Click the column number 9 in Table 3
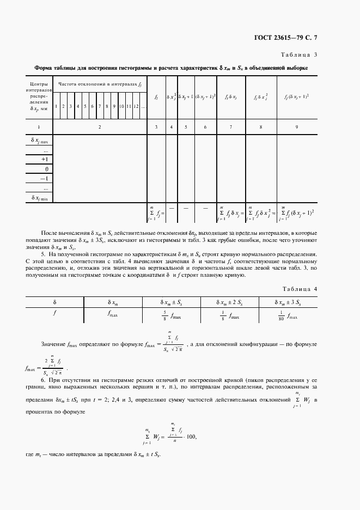[x=296, y=126]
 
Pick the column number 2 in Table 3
[x=100, y=126]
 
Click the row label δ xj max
[x=39, y=141]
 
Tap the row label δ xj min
[x=39, y=198]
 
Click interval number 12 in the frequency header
[x=136, y=106]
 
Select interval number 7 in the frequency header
[x=100, y=106]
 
